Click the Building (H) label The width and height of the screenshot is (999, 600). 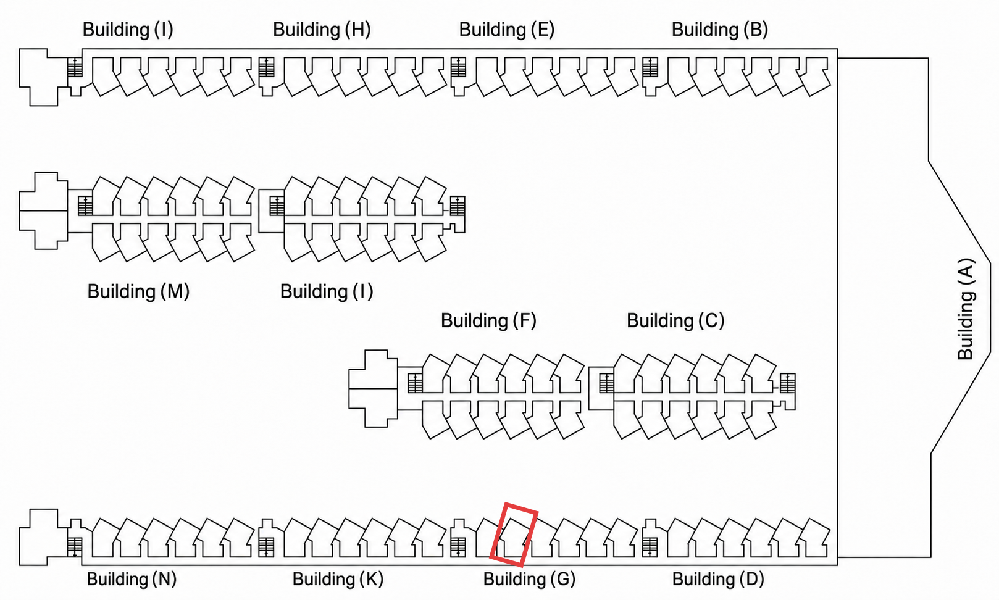coord(322,30)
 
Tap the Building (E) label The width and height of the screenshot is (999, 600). coord(507,30)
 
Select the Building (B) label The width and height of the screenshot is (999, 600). coord(720,30)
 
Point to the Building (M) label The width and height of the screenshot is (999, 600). coord(138,291)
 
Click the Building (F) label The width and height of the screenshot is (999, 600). coord(488,320)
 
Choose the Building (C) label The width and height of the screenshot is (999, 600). coord(675,320)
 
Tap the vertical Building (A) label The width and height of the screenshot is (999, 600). coord(966,309)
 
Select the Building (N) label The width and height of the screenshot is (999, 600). coord(132,579)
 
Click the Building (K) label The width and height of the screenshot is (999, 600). coord(338,579)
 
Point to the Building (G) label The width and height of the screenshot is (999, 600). coord(529,579)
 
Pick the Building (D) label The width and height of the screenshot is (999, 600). coord(718,579)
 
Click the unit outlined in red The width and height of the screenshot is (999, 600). coord(514,535)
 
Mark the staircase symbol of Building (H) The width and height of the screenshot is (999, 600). coord(267,67)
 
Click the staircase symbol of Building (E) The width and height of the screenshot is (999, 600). coord(459,67)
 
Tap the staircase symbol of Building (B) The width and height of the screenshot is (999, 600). coord(650,67)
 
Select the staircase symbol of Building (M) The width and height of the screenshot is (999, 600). coord(85,206)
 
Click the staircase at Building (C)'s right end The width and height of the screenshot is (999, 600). coord(787,383)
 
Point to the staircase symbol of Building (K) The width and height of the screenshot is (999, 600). coord(266,548)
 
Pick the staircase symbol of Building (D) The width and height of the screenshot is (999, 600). coord(650,548)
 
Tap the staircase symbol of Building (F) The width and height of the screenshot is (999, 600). coord(415,383)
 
